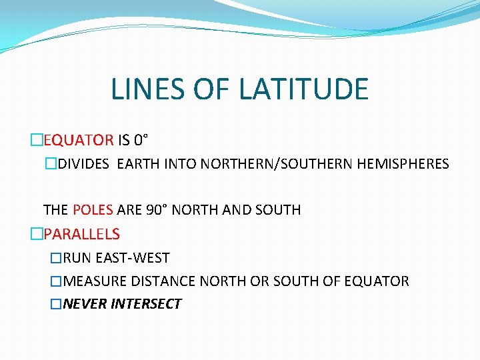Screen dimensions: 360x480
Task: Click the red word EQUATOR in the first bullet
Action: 79,140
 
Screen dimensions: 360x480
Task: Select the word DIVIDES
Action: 83,163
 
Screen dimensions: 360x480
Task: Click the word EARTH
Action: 137,163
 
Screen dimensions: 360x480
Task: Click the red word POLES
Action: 93,210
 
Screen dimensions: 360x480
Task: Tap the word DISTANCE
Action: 159,281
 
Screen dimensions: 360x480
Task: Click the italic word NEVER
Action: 85,304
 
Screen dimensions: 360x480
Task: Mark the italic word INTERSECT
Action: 146,304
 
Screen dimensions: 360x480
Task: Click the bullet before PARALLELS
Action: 36,234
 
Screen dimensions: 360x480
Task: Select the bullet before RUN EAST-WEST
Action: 56,257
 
